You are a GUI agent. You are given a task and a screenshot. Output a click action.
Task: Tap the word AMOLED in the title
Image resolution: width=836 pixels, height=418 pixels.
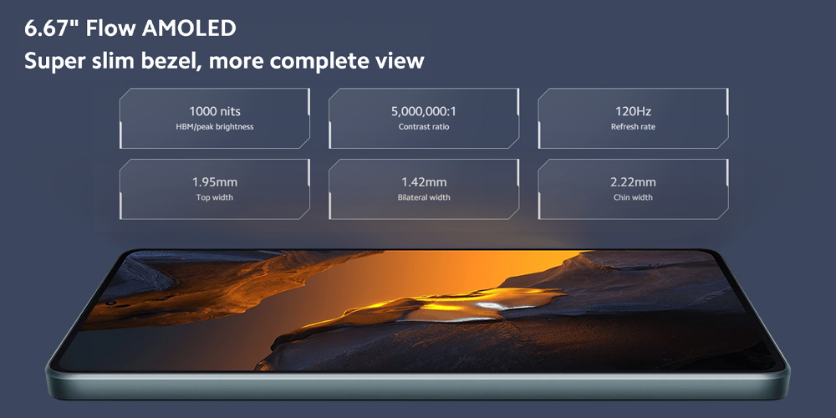pyautogui.click(x=189, y=28)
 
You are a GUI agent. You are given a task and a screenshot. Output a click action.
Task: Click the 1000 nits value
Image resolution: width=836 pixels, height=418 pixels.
pyautogui.click(x=214, y=111)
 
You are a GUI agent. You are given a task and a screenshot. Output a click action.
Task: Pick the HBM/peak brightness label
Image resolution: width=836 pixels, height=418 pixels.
pyautogui.click(x=214, y=127)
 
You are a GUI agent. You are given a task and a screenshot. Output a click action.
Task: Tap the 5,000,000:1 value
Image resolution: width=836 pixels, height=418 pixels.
pyautogui.click(x=424, y=111)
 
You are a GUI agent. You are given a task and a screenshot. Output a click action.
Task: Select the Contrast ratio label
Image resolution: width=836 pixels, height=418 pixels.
pyautogui.click(x=424, y=127)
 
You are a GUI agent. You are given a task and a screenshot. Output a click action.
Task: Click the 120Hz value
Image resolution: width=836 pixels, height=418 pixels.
pyautogui.click(x=633, y=111)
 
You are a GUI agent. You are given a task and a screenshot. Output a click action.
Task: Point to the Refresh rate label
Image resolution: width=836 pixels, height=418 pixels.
pyautogui.click(x=633, y=127)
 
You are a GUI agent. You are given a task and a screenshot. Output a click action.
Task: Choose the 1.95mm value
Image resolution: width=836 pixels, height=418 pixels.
pyautogui.click(x=214, y=182)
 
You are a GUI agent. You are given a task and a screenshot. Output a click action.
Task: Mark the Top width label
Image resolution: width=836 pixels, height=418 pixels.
pyautogui.click(x=214, y=197)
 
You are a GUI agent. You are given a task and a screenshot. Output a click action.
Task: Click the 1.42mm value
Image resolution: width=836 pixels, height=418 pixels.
pyautogui.click(x=424, y=182)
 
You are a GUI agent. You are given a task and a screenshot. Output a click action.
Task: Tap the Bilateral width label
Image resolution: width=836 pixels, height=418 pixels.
pyautogui.click(x=424, y=197)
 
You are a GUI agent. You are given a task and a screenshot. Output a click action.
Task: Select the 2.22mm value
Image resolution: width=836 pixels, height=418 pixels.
pyautogui.click(x=633, y=182)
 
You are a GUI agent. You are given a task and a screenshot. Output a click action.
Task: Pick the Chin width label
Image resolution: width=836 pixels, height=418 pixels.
pyautogui.click(x=633, y=197)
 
